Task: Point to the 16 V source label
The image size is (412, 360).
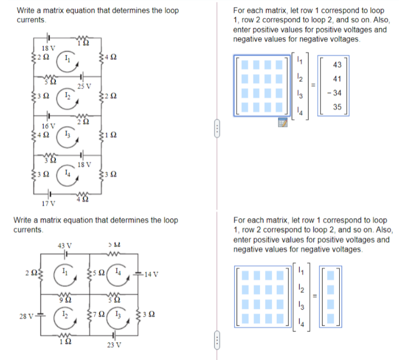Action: pos(48,125)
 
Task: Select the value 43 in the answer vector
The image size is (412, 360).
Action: pos(337,65)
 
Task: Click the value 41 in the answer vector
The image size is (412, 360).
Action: pos(337,79)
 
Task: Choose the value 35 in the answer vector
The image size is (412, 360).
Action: pos(337,107)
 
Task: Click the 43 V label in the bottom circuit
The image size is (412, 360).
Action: pos(66,247)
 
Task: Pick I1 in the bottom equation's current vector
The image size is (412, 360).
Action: pos(300,269)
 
